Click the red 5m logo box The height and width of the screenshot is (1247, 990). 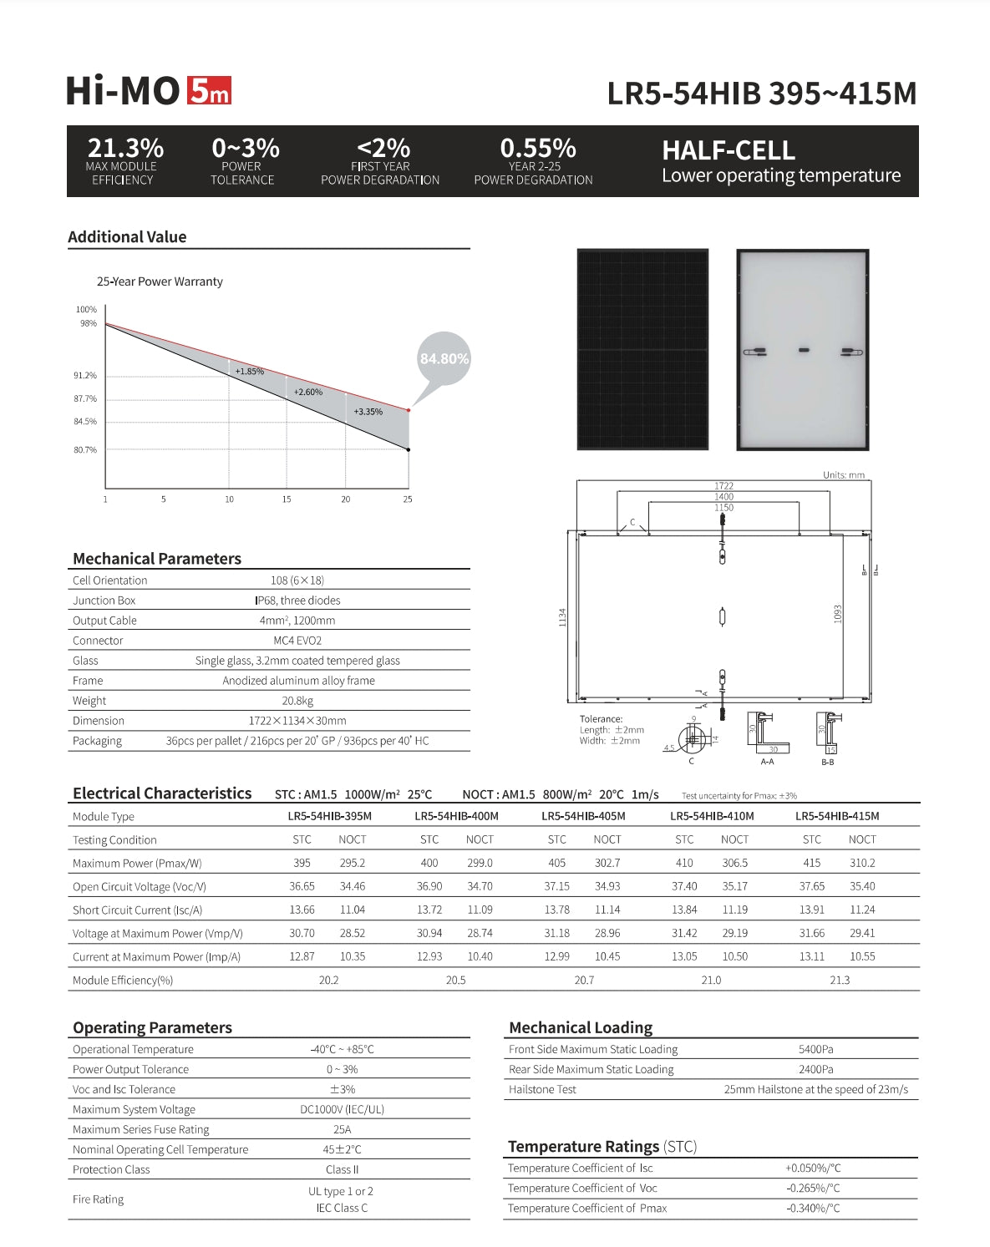pyautogui.click(x=208, y=90)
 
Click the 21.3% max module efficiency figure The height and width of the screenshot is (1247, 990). pyautogui.click(x=125, y=148)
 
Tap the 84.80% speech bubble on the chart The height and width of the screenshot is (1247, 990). pyautogui.click(x=444, y=359)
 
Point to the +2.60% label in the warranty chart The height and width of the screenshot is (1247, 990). pyautogui.click(x=307, y=392)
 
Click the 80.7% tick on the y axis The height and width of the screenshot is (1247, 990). pyautogui.click(x=85, y=450)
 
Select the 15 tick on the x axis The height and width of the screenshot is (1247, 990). pyautogui.click(x=287, y=499)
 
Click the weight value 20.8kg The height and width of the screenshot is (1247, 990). pyautogui.click(x=297, y=701)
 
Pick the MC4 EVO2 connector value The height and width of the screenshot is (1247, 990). pyautogui.click(x=297, y=641)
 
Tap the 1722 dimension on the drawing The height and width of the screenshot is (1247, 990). pyautogui.click(x=723, y=485)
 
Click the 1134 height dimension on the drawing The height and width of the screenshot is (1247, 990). pyautogui.click(x=562, y=617)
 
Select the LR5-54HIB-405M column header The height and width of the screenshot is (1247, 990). pyautogui.click(x=583, y=816)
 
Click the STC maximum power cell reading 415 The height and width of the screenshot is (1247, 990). pyautogui.click(x=811, y=863)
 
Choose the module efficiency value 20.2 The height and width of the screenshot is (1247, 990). pyautogui.click(x=328, y=980)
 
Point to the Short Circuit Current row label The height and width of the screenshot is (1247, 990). pyautogui.click(x=137, y=910)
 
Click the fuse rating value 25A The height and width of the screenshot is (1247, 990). pyautogui.click(x=342, y=1129)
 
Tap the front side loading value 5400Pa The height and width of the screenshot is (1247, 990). pyautogui.click(x=815, y=1049)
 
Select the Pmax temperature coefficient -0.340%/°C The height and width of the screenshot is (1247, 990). pyautogui.click(x=812, y=1208)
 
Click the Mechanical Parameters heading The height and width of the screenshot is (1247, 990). pyautogui.click(x=157, y=559)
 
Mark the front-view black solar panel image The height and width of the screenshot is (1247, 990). pyautogui.click(x=642, y=349)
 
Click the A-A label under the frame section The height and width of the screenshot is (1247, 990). pyautogui.click(x=767, y=762)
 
